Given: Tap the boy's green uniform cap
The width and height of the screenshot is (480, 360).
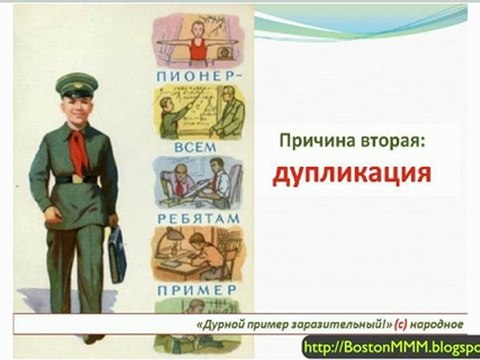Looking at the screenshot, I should coord(75,84).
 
